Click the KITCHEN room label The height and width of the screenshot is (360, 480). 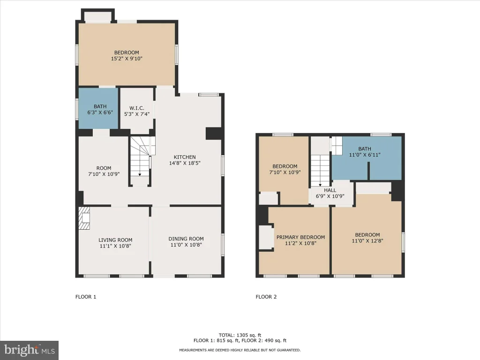pyautogui.click(x=185, y=157)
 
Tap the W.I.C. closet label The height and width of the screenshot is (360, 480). pyautogui.click(x=136, y=108)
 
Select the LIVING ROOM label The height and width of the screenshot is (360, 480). pyautogui.click(x=115, y=240)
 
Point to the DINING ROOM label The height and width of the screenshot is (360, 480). pyautogui.click(x=186, y=239)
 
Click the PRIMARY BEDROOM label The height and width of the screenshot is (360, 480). pyautogui.click(x=300, y=237)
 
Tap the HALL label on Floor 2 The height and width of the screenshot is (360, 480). pyautogui.click(x=330, y=190)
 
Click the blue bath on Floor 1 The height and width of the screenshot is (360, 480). pyautogui.click(x=98, y=108)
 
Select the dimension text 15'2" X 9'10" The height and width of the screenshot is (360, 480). pyautogui.click(x=127, y=59)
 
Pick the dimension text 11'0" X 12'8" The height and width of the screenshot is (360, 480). pyautogui.click(x=367, y=241)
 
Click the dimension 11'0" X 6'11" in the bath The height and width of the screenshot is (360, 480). pyautogui.click(x=365, y=155)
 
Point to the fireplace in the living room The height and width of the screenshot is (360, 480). pyautogui.click(x=84, y=218)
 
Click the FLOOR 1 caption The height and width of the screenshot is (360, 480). pyautogui.click(x=86, y=297)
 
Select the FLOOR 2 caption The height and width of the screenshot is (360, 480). pyautogui.click(x=266, y=297)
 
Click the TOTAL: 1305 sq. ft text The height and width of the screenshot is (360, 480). pyautogui.click(x=240, y=335)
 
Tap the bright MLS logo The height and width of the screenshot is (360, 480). pyautogui.click(x=30, y=350)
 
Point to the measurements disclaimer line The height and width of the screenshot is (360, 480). pyautogui.click(x=240, y=350)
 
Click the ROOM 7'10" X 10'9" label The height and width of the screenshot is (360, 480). pyautogui.click(x=104, y=171)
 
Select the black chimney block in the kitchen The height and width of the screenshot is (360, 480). pyautogui.click(x=213, y=134)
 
